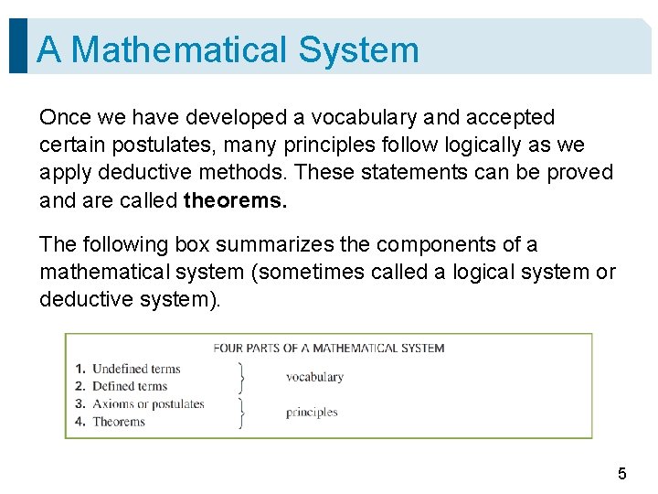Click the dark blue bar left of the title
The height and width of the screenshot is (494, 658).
coord(17,46)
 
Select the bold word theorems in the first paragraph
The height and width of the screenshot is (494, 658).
coord(235,200)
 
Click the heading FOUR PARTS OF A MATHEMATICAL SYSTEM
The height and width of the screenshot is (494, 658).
coord(328,348)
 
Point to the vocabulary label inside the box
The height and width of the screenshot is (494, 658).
coord(314,377)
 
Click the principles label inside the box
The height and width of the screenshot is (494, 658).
coord(312,413)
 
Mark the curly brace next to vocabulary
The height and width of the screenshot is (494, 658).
coord(242,377)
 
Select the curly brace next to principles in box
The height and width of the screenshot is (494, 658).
coord(242,413)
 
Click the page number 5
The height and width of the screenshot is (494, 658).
coord(622,474)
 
